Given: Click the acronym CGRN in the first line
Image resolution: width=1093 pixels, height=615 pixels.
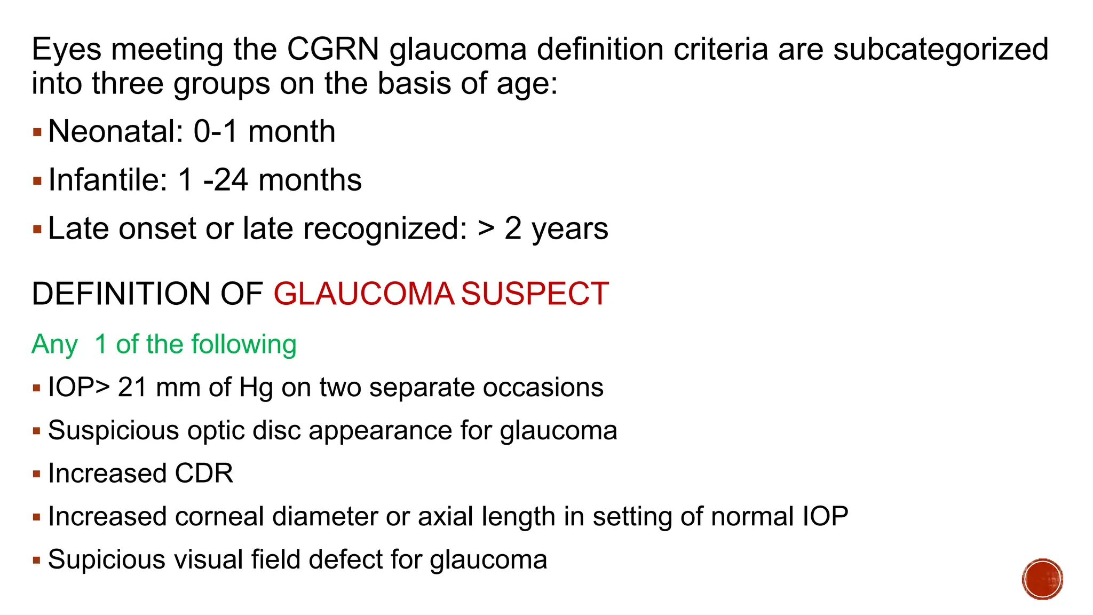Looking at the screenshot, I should [x=332, y=49].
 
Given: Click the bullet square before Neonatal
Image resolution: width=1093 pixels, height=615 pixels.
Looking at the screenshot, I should [x=37, y=132].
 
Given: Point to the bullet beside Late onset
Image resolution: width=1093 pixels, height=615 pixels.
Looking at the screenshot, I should [x=37, y=230].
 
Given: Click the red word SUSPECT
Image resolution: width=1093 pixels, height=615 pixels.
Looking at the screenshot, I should [x=534, y=294].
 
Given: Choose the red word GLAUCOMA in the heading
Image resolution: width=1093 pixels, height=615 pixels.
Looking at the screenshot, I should [x=363, y=294].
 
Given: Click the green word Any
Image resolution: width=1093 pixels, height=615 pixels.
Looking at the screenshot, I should [x=54, y=345].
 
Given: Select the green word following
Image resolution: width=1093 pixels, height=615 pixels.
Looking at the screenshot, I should [x=244, y=345].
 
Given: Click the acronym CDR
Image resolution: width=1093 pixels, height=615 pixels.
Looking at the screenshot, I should [x=204, y=474].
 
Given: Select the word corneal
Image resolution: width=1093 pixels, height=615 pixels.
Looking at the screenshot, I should [x=219, y=516].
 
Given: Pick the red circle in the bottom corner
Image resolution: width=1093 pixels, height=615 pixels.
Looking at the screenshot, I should [x=1042, y=579].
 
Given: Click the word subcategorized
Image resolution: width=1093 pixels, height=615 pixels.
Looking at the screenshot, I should [x=940, y=49].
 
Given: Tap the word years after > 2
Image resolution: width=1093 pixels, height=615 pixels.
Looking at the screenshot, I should [x=569, y=229].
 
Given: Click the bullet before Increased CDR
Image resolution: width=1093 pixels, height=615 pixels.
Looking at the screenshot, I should [x=37, y=474].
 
